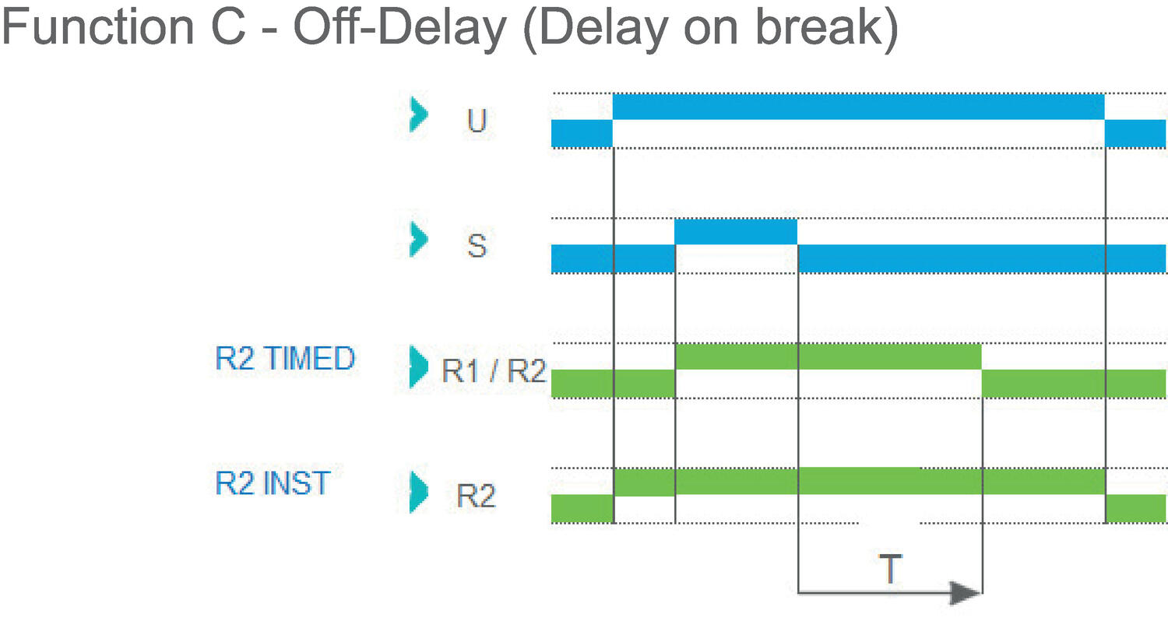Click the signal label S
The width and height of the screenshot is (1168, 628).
(477, 245)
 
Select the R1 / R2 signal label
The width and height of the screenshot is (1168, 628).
(494, 371)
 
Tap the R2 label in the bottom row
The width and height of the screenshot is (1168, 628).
(476, 496)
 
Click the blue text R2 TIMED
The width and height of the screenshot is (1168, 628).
(285, 359)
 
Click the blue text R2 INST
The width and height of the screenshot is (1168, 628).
(273, 483)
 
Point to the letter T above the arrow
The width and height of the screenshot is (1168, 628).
(890, 570)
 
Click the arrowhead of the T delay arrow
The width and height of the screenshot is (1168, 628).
(967, 593)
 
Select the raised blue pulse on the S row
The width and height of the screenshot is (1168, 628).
(736, 232)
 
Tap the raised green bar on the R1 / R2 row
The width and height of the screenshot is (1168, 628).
(828, 356)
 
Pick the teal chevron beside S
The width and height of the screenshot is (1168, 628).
(419, 240)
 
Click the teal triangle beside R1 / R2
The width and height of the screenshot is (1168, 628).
(419, 366)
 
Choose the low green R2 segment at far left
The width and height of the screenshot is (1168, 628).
(582, 508)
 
